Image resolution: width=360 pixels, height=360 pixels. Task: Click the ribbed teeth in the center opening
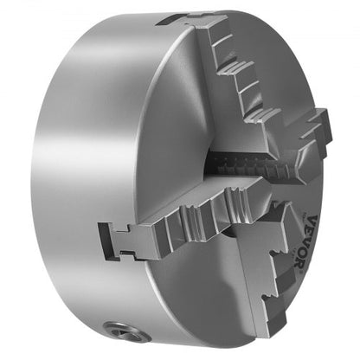(x=242, y=164)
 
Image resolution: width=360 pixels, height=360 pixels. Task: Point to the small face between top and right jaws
(x=286, y=95)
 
